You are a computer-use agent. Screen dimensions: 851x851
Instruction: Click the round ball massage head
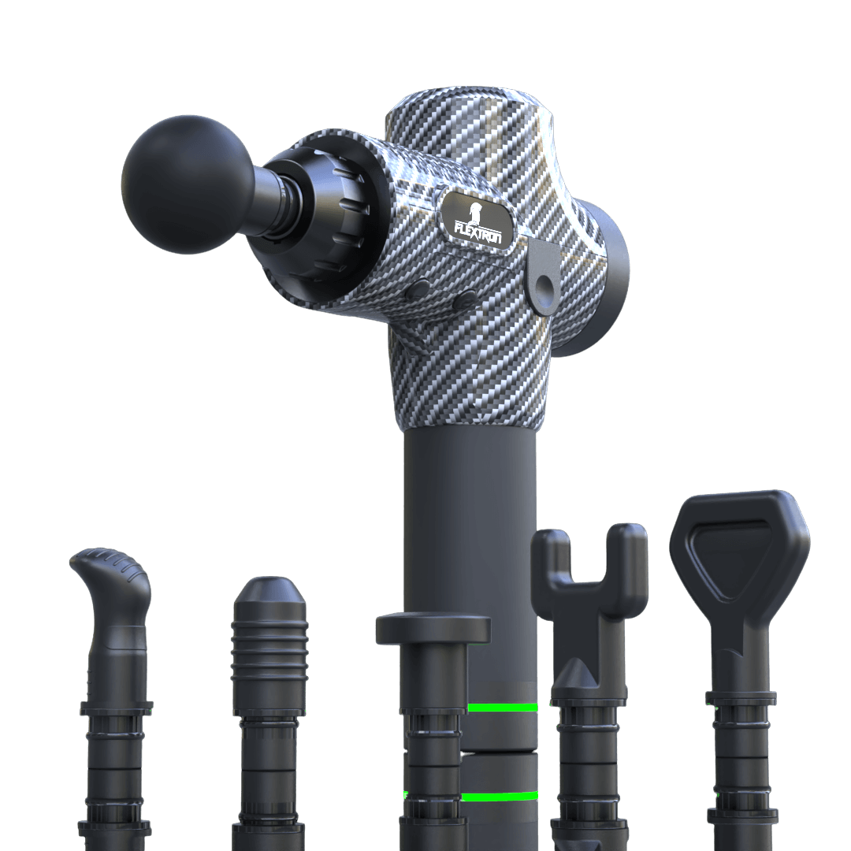[188, 184]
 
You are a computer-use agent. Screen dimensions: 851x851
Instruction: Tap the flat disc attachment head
[433, 628]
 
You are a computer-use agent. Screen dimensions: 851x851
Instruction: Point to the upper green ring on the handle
[502, 707]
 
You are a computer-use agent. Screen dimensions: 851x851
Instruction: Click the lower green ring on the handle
[500, 796]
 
